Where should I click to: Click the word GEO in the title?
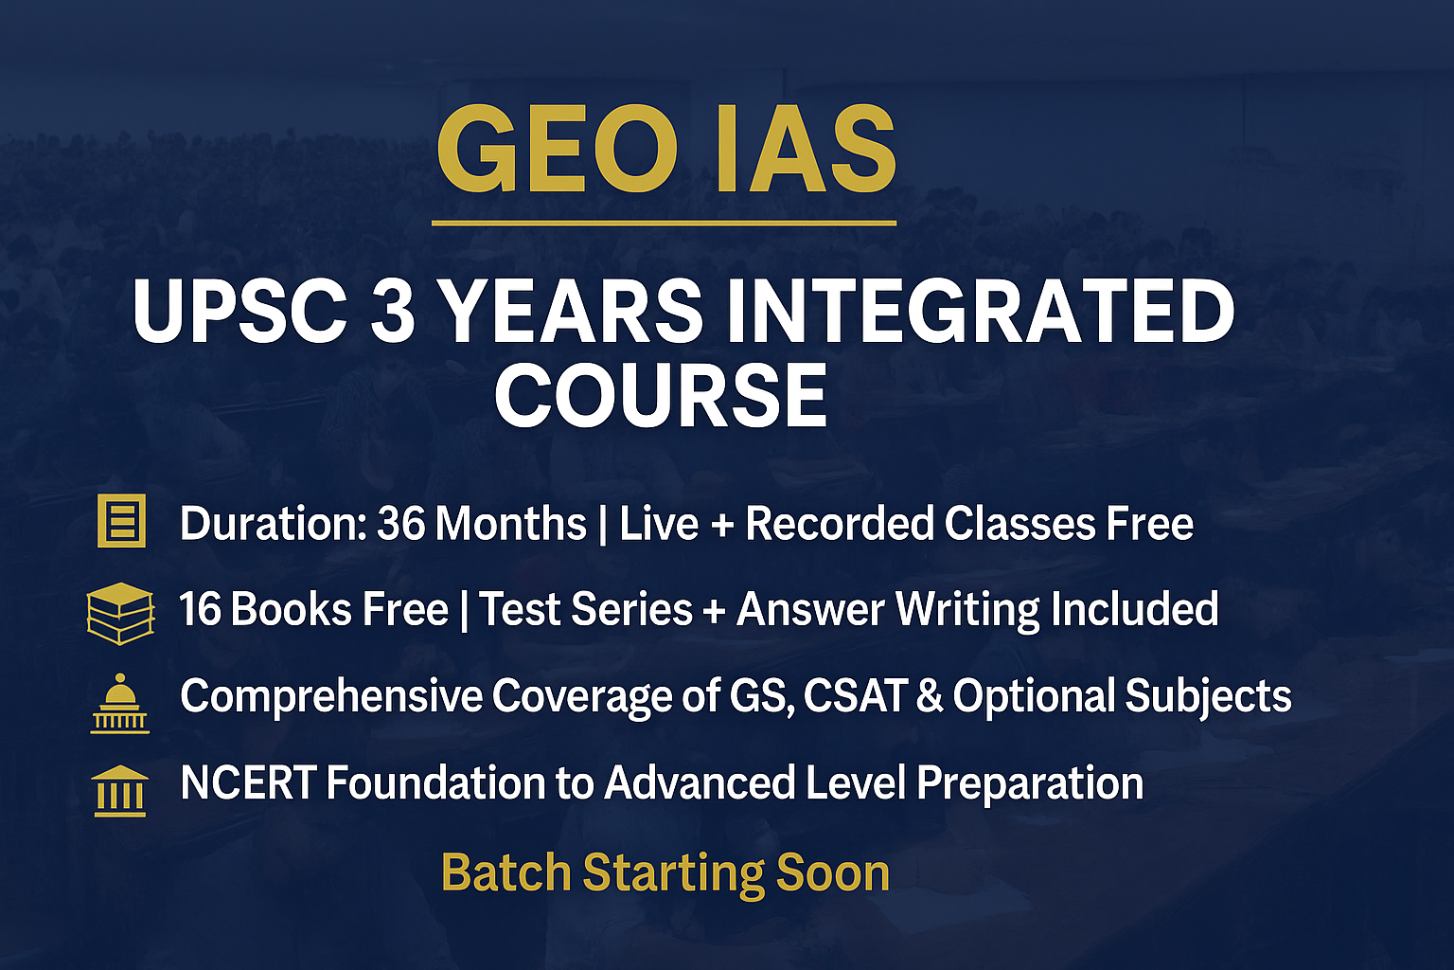557,151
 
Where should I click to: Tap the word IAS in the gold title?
806,151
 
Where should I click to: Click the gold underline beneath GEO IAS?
664,224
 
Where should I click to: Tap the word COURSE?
661,395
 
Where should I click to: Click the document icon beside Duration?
121,521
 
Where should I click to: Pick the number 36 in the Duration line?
400,524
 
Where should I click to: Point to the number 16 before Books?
200,609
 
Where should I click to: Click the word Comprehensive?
331,696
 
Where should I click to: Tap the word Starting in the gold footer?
673,872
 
